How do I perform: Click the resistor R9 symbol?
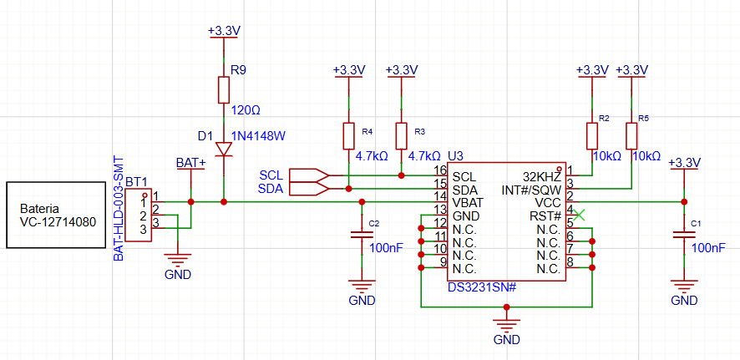click(x=224, y=90)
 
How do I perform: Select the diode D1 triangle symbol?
click(x=224, y=150)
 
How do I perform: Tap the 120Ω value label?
click(x=246, y=110)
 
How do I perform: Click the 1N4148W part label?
click(x=259, y=136)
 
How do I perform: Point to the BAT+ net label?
click(x=190, y=163)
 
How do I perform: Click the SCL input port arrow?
click(x=309, y=175)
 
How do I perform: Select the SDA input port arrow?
click(x=309, y=189)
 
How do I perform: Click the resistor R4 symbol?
click(x=348, y=136)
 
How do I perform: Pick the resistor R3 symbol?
click(x=401, y=136)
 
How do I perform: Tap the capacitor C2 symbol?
click(x=362, y=235)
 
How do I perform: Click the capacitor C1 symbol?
click(x=684, y=235)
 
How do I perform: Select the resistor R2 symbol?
click(x=592, y=136)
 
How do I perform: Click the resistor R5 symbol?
click(x=631, y=136)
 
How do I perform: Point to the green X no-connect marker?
click(x=579, y=215)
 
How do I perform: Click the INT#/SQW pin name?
click(x=531, y=190)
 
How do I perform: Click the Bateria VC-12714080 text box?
click(x=56, y=215)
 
